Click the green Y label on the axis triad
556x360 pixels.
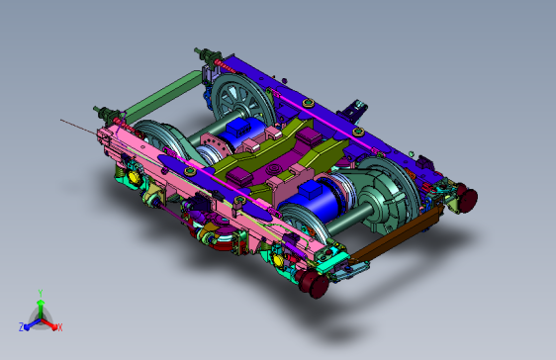tap(41, 293)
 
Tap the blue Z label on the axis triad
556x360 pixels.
tap(22, 327)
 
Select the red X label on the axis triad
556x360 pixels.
tap(60, 327)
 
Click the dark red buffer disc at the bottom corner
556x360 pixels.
tap(315, 282)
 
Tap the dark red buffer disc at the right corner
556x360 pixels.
tap(467, 199)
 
